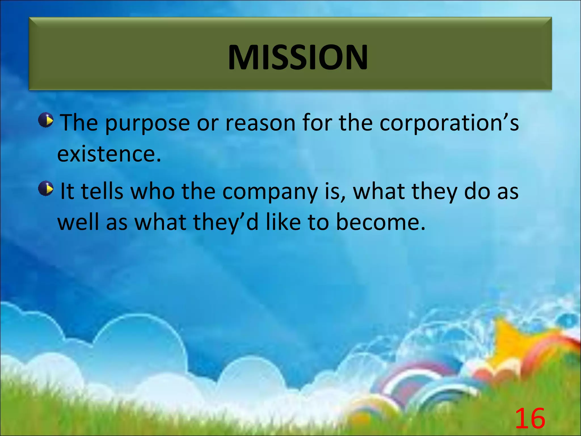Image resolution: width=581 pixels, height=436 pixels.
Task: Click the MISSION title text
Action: coord(298,57)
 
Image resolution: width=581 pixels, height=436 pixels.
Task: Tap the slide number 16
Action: coord(530,419)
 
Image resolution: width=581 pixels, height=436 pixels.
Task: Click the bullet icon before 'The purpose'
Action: coord(46,120)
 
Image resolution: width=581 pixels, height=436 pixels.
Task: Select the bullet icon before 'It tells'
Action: coord(46,188)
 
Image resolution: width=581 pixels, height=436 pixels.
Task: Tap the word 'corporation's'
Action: coord(449,124)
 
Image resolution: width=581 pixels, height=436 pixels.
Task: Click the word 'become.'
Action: coord(380,222)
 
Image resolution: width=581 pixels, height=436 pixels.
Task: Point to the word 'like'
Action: coord(283,222)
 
